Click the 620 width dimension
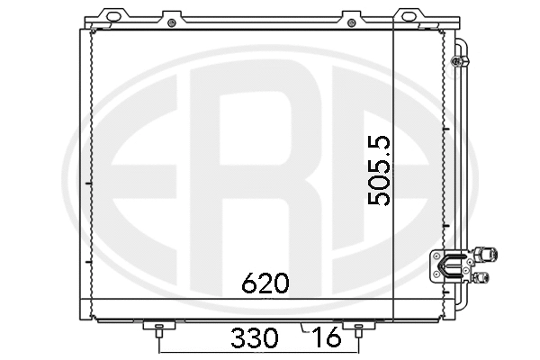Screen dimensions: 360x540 tap(265, 284)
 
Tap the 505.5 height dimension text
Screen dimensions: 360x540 tap(380, 171)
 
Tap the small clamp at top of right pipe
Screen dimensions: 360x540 tap(457, 61)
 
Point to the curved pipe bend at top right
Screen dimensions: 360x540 tap(461, 47)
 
